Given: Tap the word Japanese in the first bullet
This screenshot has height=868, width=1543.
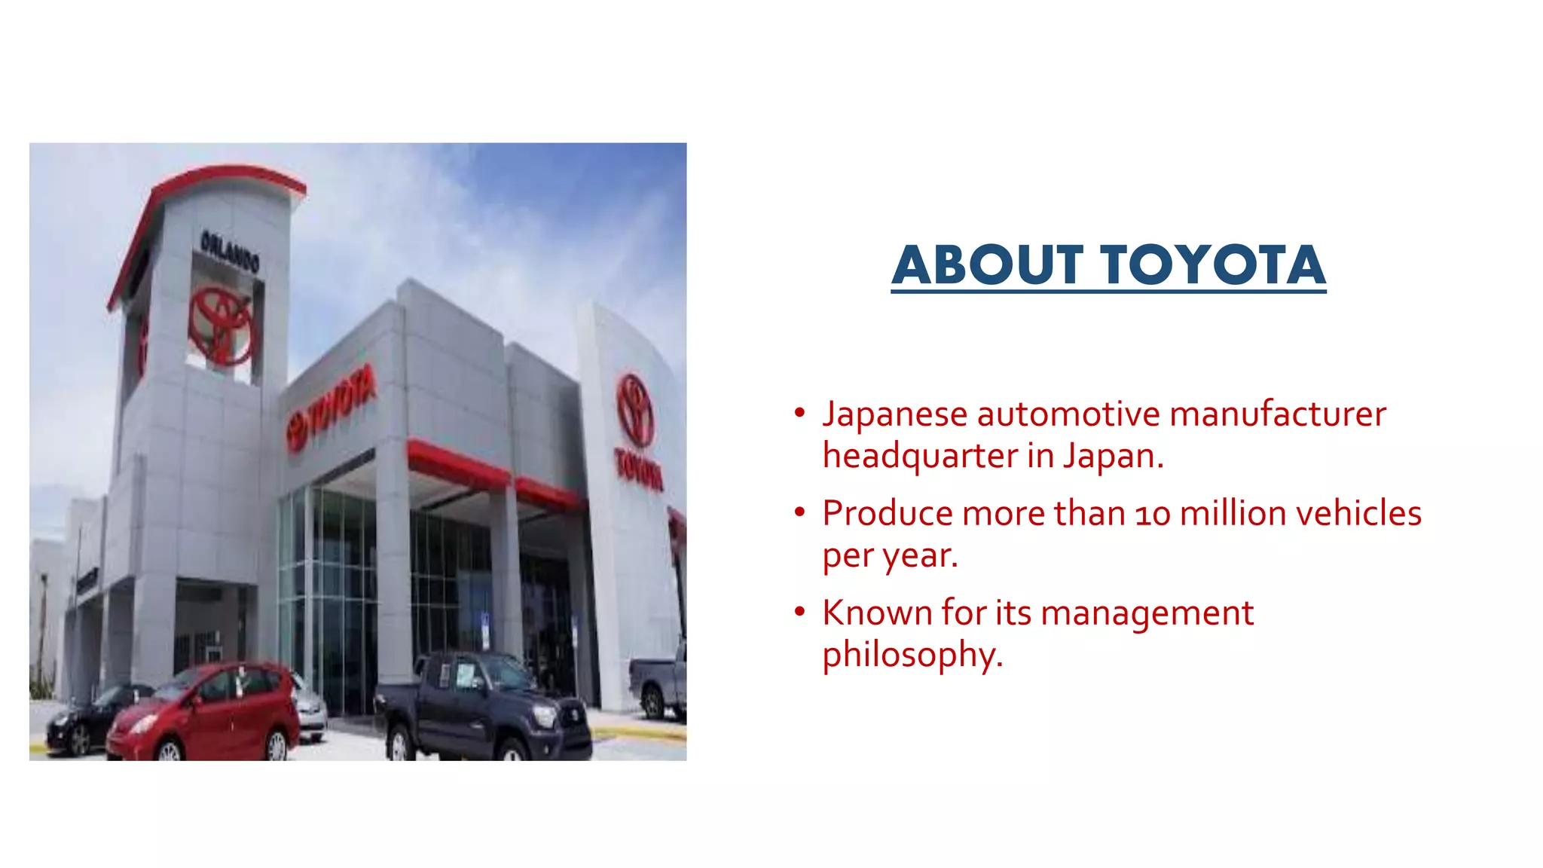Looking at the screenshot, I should point(895,414).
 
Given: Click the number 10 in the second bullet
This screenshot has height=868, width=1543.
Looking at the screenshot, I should point(1153,515).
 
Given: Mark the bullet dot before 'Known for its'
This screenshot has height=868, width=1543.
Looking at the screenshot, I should point(799,612).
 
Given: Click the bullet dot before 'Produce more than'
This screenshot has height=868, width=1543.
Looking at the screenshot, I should point(799,512).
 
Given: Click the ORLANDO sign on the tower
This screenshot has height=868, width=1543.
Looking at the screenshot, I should point(229,252).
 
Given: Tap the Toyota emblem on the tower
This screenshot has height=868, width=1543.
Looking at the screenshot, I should point(221,326).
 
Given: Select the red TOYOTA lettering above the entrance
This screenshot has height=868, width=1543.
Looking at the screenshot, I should point(332,408).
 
